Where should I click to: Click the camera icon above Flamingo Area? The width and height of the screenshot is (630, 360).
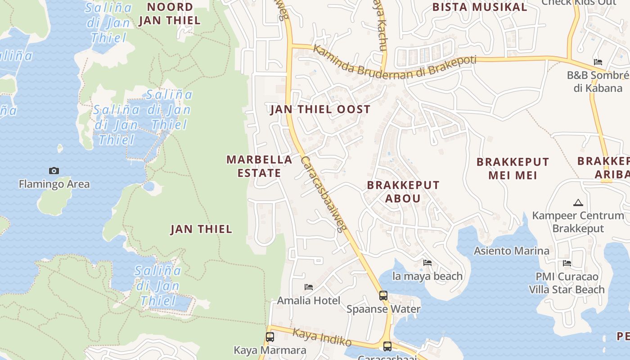pos(54,171)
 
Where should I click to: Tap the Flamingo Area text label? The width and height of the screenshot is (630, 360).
pos(54,184)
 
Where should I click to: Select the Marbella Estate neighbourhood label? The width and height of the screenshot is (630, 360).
pos(259,166)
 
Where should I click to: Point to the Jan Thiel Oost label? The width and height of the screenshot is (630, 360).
pos(320,109)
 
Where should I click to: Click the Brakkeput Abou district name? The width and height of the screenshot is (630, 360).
pos(403,192)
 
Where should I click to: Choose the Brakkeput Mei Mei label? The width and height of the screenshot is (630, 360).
pos(513,168)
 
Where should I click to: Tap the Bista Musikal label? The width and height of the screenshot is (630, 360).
pos(479,7)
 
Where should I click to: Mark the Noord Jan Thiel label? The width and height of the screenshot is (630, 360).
pos(170,13)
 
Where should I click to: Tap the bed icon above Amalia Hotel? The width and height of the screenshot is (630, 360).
pos(309,287)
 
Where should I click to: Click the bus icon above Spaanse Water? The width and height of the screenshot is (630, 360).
pos(383,296)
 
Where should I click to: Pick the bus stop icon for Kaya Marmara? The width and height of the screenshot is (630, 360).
pos(270,337)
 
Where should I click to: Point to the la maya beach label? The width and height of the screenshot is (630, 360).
pos(427,276)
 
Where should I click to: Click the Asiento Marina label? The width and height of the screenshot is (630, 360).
pos(512,251)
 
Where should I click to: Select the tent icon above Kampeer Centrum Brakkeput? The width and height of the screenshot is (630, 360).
pos(578,202)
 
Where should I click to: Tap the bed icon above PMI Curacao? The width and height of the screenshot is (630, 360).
pos(567,263)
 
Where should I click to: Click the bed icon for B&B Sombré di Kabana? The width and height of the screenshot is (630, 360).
pos(598,62)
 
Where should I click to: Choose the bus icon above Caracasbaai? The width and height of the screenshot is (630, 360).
pos(387,346)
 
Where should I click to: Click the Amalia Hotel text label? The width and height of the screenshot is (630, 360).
pos(309,300)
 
